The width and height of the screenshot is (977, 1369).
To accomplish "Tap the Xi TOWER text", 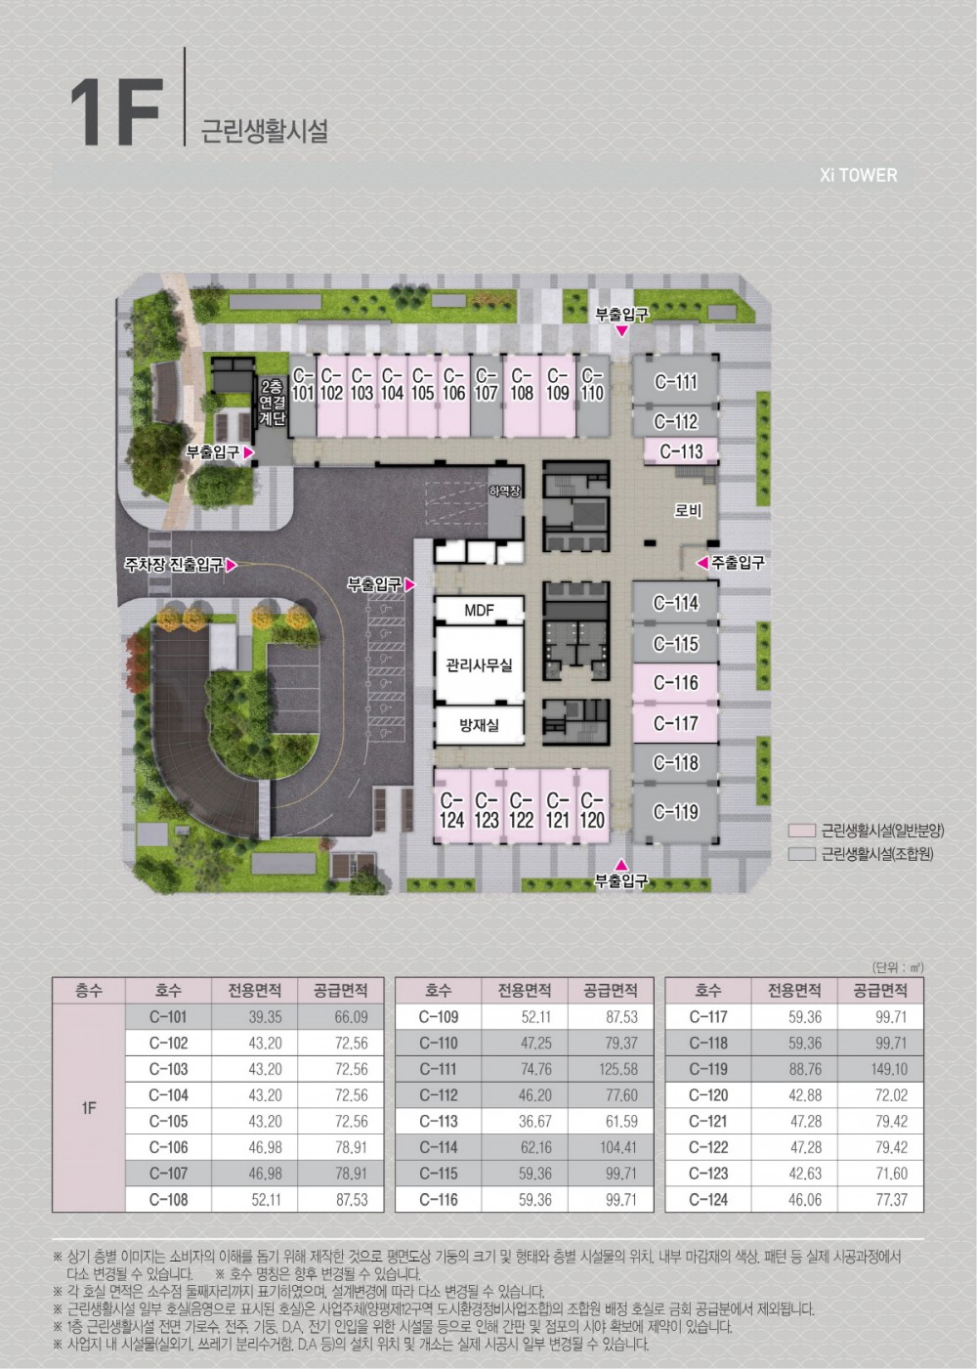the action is [x=859, y=176].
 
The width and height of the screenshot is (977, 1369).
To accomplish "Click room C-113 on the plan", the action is [x=681, y=451].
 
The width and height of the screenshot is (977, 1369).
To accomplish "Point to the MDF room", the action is [x=479, y=610].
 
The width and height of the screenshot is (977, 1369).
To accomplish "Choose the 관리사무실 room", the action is [x=479, y=664].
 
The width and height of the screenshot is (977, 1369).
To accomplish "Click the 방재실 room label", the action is [x=479, y=725].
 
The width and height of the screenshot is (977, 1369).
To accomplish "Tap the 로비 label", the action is [x=688, y=510].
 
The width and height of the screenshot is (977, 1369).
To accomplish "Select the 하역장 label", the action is [x=505, y=491].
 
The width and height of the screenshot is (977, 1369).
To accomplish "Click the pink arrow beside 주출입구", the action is [x=702, y=562].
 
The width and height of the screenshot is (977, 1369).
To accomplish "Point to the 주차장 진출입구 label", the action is [x=174, y=564].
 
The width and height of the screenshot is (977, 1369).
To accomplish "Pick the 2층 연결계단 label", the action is [x=272, y=403].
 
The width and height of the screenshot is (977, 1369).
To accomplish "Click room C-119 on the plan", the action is [x=675, y=812].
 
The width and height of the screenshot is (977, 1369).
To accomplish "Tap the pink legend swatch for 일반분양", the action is [x=802, y=831].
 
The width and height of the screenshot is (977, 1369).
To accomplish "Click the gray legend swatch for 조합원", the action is [x=802, y=854].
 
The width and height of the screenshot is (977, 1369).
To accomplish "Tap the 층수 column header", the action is [x=89, y=990].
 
